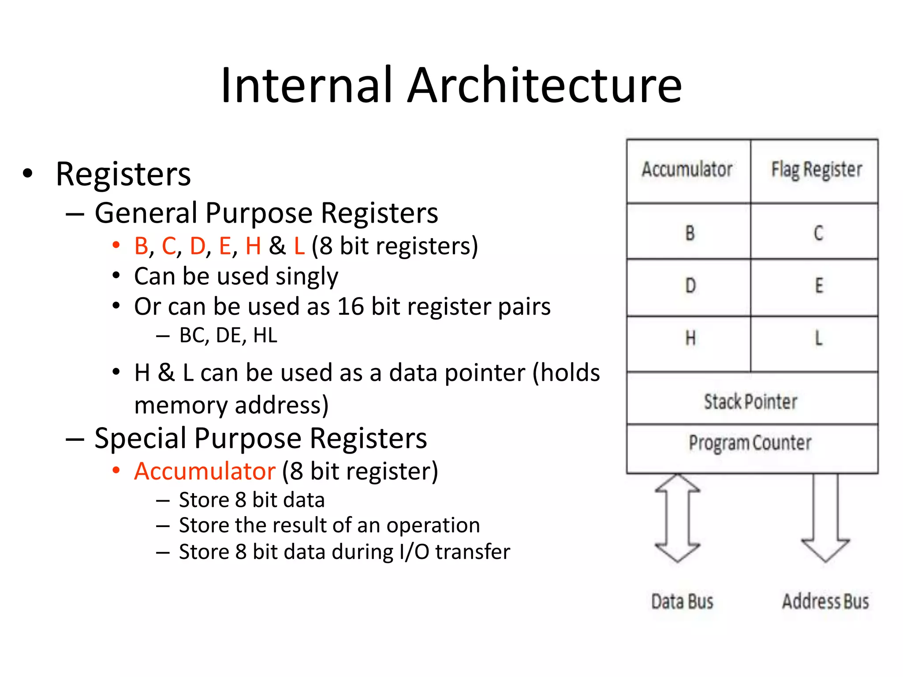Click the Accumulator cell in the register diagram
point(688,171)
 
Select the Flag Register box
point(815,171)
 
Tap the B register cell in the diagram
point(689,232)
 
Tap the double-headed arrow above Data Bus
point(677,518)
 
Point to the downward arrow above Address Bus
point(825,518)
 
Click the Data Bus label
point(682,601)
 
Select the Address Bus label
point(825,601)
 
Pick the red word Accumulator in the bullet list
point(205,471)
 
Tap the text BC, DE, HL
point(228,336)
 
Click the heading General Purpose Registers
point(266,213)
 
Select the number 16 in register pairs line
point(351,306)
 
